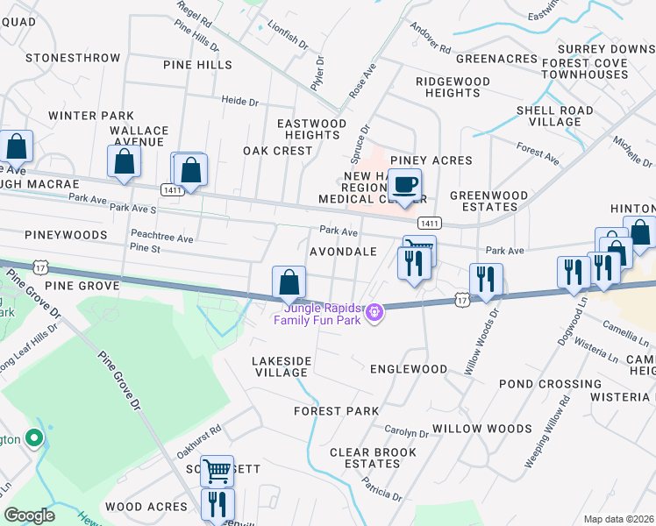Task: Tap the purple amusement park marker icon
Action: [374, 311]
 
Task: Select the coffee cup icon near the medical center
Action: [403, 186]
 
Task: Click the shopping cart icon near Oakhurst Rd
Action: [217, 472]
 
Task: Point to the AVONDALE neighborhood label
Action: [343, 252]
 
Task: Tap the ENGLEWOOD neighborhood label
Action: [409, 369]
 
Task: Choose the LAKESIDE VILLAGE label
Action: [282, 366]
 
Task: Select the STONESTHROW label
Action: [73, 58]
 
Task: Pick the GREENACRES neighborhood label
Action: [496, 59]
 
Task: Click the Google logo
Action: [29, 515]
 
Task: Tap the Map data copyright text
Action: [618, 519]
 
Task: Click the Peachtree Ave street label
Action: [161, 238]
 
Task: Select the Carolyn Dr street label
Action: [406, 432]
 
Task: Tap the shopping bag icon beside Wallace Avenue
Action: [124, 161]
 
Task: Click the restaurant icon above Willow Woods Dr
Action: [486, 280]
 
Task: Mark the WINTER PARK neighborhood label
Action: [91, 116]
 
